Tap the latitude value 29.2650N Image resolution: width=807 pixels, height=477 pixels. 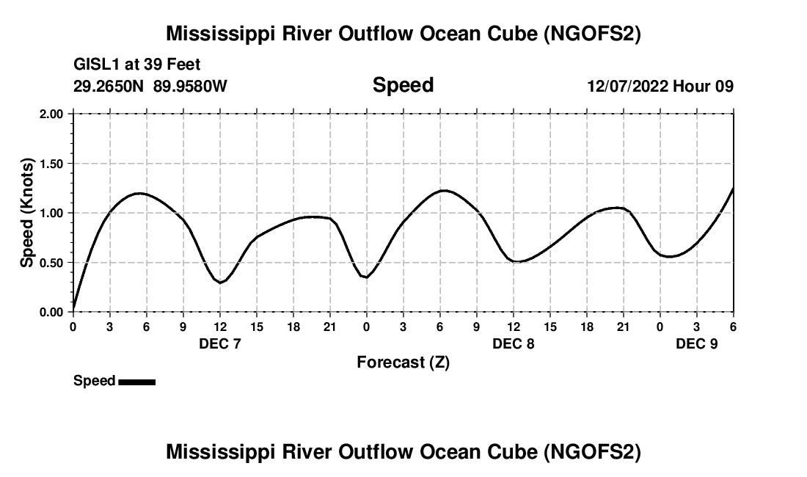click(109, 87)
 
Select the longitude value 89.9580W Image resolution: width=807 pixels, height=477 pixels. click(190, 87)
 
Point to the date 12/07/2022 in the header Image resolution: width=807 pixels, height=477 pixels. click(627, 87)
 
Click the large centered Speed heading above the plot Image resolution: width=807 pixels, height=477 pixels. click(403, 85)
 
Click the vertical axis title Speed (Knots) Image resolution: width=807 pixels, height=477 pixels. click(27, 213)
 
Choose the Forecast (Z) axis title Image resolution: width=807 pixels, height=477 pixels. click(403, 363)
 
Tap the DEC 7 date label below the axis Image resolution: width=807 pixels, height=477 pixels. click(220, 343)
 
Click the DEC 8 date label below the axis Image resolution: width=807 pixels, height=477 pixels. click(514, 343)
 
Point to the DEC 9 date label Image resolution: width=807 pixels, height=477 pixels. click(697, 343)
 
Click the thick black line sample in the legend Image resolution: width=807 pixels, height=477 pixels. click(136, 382)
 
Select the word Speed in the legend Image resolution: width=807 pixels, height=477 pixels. click(94, 381)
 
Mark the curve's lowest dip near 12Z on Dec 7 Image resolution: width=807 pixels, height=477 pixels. click(220, 283)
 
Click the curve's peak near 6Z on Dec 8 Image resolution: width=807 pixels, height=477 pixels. click(444, 190)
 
